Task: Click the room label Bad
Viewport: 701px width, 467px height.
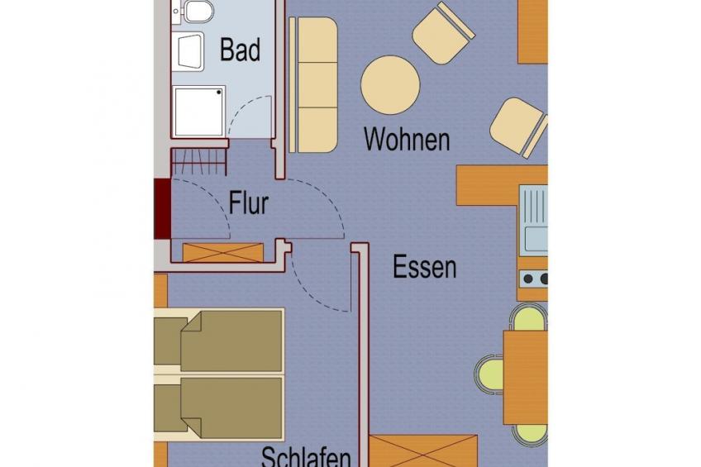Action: point(240,50)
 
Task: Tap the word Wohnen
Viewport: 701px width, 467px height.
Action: point(407,139)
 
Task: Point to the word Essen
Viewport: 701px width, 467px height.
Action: point(425,267)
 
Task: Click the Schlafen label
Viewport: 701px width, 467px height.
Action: point(306,457)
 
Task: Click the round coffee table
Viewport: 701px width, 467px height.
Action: point(390,85)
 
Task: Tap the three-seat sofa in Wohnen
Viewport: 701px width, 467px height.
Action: point(313,85)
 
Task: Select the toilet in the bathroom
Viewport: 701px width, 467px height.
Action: point(197,11)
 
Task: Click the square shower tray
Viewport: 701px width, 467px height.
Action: point(199,112)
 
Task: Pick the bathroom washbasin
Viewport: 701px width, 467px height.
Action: point(189,51)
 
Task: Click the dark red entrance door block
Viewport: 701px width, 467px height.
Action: point(162,208)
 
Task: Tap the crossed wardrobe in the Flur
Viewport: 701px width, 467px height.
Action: point(222,252)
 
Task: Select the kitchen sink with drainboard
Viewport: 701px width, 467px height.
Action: point(533,221)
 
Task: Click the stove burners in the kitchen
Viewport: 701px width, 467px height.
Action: point(534,279)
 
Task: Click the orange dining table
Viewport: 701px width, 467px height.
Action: point(525,377)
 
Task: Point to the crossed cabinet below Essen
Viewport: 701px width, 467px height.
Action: point(423,451)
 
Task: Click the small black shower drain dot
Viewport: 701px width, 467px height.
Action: point(219,93)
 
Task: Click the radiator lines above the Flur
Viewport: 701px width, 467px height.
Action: point(198,161)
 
